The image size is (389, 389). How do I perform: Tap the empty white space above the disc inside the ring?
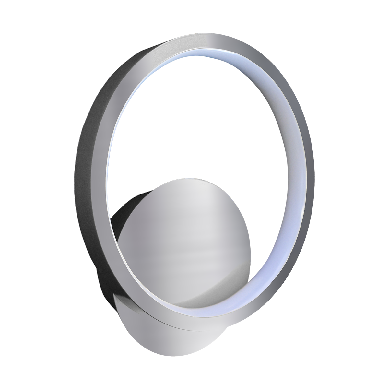[x=194, y=123]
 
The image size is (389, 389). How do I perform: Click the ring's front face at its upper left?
[x=130, y=75]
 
